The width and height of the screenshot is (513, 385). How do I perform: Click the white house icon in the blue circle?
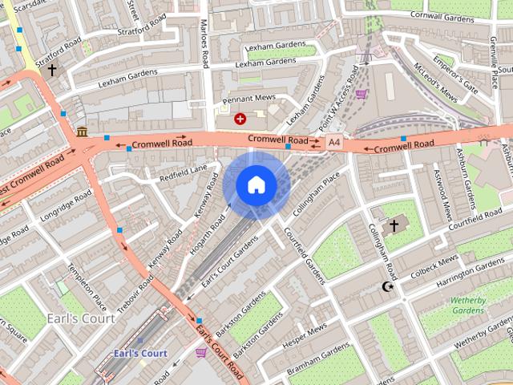256,184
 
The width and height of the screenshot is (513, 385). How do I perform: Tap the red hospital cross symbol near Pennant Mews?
239,119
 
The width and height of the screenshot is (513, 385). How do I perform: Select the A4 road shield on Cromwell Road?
333,143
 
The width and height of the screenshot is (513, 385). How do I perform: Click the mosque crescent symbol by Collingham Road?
390,286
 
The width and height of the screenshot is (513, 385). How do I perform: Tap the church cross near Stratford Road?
53,71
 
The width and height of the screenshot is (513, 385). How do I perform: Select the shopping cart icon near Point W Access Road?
362,94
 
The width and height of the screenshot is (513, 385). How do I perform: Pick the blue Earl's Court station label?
139,353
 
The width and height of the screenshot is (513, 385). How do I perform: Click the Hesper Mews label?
305,331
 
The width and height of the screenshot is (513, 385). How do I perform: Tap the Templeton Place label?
87,288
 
